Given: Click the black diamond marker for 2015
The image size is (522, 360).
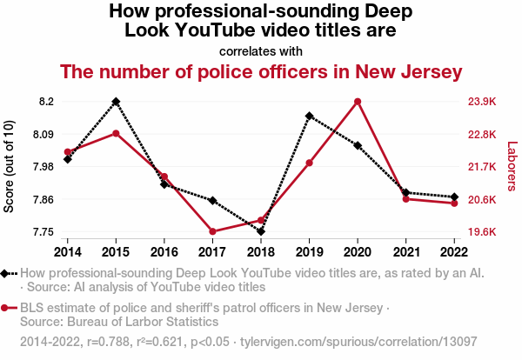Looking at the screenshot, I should pyautogui.click(x=116, y=102).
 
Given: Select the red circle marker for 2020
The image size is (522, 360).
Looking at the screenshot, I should pyautogui.click(x=358, y=102).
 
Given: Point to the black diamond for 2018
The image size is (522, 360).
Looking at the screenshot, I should pyautogui.click(x=261, y=231).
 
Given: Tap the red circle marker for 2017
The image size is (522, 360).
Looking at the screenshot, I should pyautogui.click(x=212, y=231).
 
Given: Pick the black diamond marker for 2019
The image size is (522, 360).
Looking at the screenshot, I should pyautogui.click(x=309, y=116).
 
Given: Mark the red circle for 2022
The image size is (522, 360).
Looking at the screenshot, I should pyautogui.click(x=454, y=203).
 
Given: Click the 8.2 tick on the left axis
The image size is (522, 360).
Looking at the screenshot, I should pyautogui.click(x=47, y=102).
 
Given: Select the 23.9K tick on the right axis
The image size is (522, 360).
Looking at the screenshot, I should pyautogui.click(x=485, y=102).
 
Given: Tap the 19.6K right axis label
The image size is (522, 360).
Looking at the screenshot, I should pyautogui.click(x=485, y=232).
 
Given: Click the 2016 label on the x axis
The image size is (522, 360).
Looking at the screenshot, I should pyautogui.click(x=164, y=251).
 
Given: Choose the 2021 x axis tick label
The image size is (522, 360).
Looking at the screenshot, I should pyautogui.click(x=405, y=251).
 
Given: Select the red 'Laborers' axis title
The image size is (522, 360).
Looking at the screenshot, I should pyautogui.click(x=512, y=167).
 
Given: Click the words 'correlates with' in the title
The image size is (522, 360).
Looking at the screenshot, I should pyautogui.click(x=261, y=50).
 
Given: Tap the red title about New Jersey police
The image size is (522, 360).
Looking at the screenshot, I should pyautogui.click(x=261, y=70).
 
